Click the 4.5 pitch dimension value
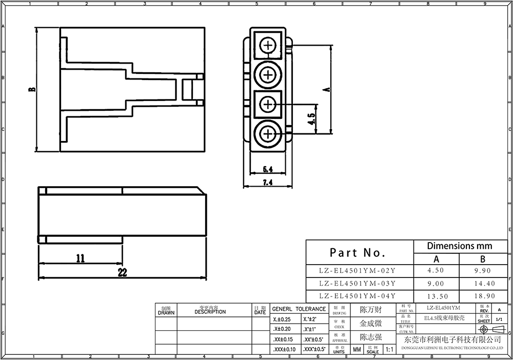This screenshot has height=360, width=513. (x=311, y=120)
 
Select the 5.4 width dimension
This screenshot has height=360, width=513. (x=267, y=169)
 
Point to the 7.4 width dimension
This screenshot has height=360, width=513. (x=267, y=182)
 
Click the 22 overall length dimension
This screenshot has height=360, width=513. (x=122, y=273)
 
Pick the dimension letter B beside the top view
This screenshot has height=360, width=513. (x=32, y=90)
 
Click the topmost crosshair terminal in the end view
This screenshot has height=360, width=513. (x=268, y=45)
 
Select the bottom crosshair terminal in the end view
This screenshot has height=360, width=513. (x=268, y=135)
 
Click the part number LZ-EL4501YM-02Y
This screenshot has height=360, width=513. (x=357, y=270)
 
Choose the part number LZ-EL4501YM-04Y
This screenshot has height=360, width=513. (x=357, y=296)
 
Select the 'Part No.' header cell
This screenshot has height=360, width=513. (x=357, y=252)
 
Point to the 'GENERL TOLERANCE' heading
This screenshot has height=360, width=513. (x=299, y=309)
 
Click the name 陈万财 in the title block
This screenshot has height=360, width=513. (x=370, y=310)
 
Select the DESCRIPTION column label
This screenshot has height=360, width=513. (x=210, y=311)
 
